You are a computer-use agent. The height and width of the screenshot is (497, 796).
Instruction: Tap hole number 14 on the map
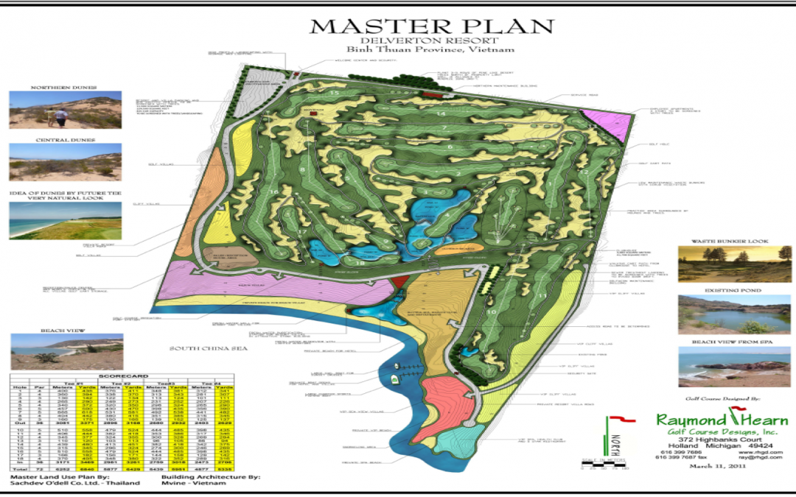[x=441, y=113]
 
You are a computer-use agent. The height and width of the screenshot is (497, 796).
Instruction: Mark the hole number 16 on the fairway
[x=273, y=192]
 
